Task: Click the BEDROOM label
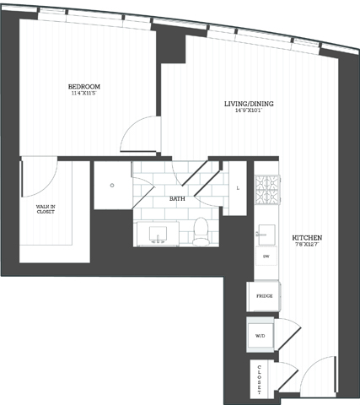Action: click(84, 86)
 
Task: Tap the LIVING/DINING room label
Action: click(248, 104)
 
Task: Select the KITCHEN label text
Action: click(307, 238)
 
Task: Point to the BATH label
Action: click(177, 199)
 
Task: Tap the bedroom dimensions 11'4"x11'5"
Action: click(84, 94)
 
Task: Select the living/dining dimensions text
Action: click(248, 112)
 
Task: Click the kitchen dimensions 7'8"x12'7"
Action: click(307, 246)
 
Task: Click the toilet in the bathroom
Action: click(201, 231)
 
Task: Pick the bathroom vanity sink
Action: click(158, 234)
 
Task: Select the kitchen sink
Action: click(266, 229)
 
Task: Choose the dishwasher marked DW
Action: click(266, 256)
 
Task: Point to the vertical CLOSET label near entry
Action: click(260, 379)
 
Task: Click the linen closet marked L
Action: click(238, 187)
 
